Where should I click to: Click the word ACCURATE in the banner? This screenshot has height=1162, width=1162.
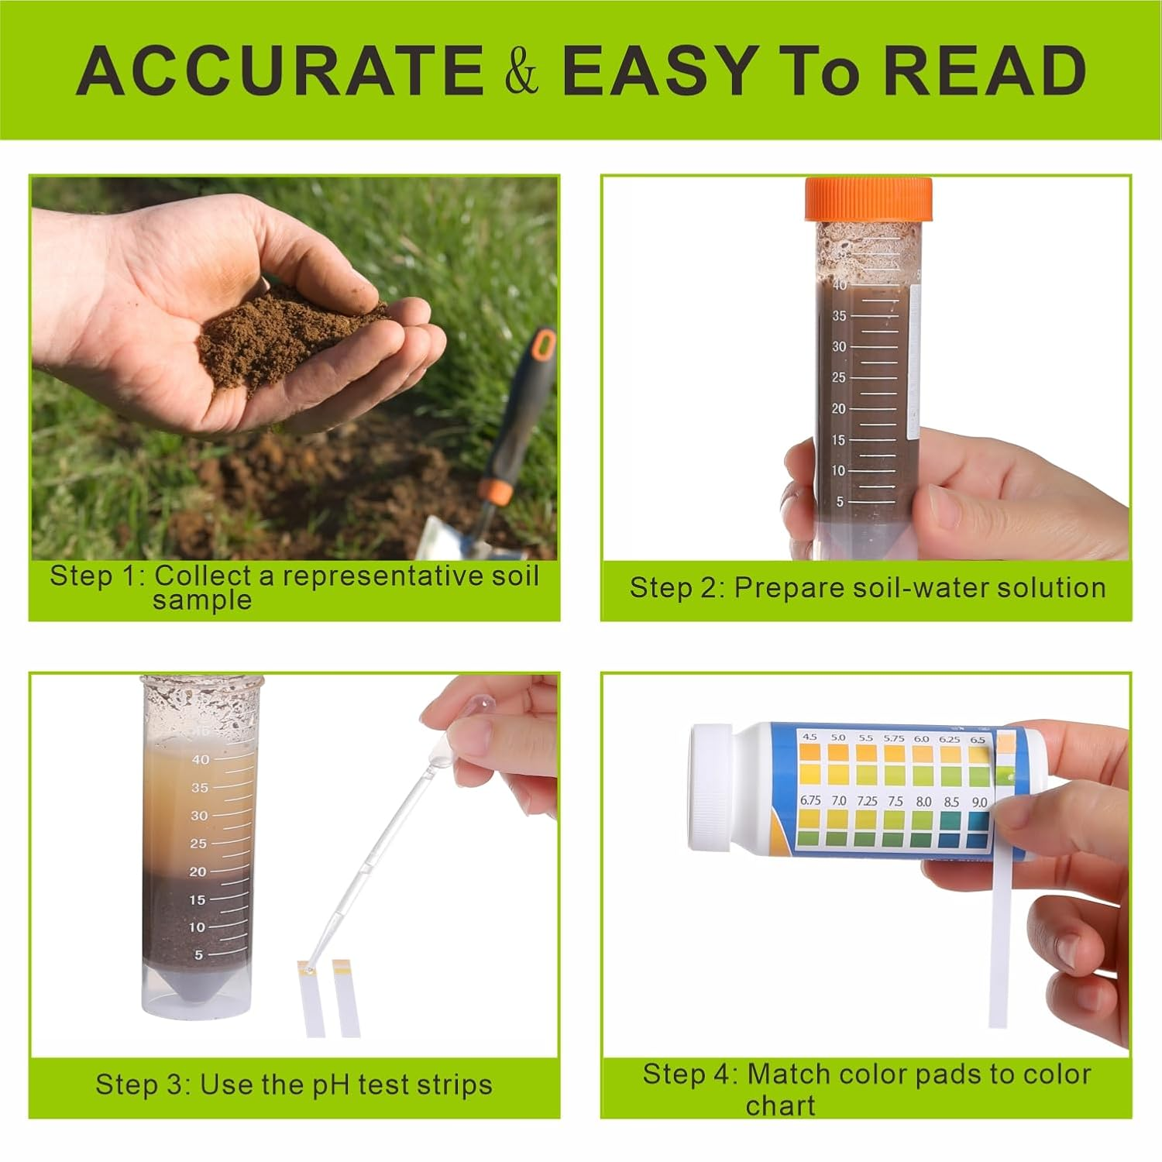point(279,70)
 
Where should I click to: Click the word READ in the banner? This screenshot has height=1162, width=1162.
point(984,70)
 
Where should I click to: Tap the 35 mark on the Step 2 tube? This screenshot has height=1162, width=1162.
point(839,316)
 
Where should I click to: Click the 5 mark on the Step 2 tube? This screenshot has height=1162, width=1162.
point(840,502)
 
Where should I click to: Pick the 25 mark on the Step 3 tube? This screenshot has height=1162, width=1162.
point(198,844)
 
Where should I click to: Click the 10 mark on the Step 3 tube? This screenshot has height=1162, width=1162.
point(197,927)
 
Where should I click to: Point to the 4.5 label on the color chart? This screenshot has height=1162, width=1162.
point(810,737)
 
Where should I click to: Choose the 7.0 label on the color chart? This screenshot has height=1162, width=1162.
point(839,800)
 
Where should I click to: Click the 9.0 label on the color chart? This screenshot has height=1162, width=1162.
point(979,802)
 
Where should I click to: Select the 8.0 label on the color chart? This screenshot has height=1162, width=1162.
point(923,802)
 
